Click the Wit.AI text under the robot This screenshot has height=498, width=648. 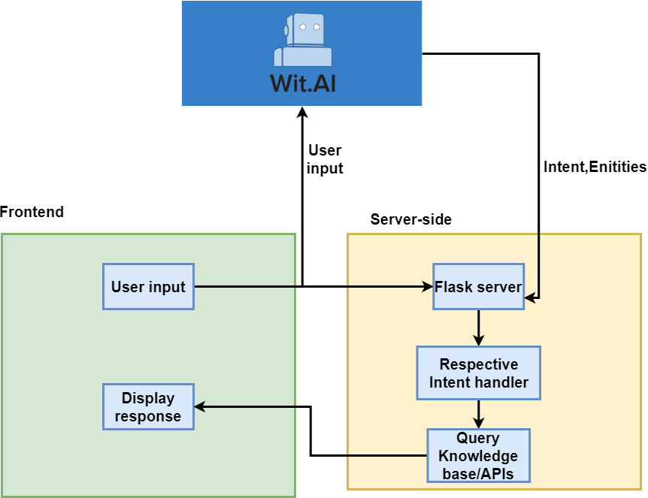click(303, 83)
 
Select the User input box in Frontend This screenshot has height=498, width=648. click(148, 286)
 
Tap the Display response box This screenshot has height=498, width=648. click(148, 407)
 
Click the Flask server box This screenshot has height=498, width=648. click(478, 286)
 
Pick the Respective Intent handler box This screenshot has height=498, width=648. click(478, 373)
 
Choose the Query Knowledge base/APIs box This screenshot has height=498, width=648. click(478, 456)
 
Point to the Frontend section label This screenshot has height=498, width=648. click(32, 212)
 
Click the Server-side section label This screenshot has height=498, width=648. click(411, 219)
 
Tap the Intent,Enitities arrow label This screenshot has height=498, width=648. click(594, 167)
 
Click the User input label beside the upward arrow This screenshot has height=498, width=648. click(325, 159)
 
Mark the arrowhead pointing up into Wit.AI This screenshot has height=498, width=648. click(301, 113)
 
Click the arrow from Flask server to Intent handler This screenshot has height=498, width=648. click(478, 327)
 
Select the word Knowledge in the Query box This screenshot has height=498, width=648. click(478, 456)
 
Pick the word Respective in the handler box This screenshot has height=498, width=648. click(479, 365)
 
